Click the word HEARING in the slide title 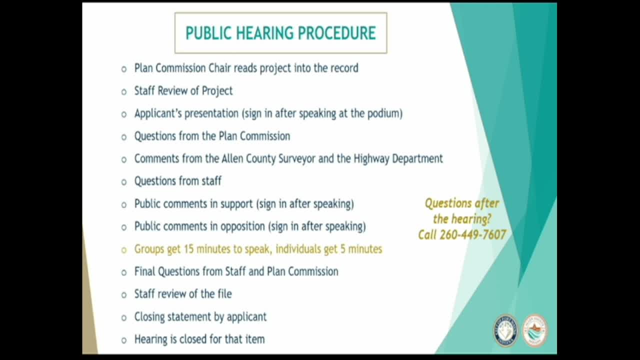pos(265,33)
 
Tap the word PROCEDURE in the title pos(337,33)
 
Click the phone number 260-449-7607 pos(473,235)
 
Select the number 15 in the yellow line pos(188,249)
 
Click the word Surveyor pos(297,158)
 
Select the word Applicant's pos(158,113)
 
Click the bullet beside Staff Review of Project pos(123,92)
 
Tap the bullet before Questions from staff pos(123,182)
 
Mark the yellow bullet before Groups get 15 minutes pos(123,250)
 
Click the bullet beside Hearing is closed pos(123,340)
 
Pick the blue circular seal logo pos(505,330)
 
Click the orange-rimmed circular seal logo pos(535,330)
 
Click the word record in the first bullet pos(344,68)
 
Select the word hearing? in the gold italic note pos(462,219)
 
